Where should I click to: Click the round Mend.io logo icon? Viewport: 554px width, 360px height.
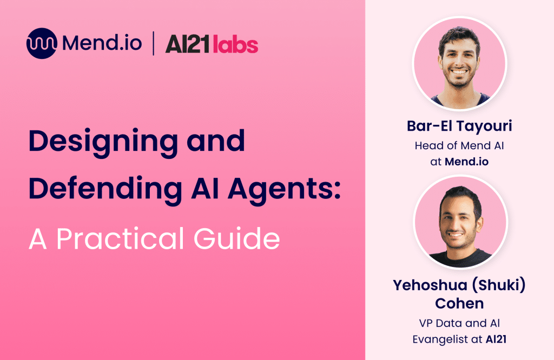click(42, 43)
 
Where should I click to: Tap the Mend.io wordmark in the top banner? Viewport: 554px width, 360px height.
click(102, 43)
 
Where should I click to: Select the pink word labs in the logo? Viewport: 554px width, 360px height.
click(235, 44)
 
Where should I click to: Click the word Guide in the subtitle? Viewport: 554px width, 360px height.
click(247, 238)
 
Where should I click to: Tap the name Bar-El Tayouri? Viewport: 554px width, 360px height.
click(459, 126)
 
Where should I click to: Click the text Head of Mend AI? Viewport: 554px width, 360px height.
click(459, 145)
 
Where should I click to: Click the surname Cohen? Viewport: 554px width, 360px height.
click(459, 303)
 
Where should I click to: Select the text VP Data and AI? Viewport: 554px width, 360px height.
click(459, 324)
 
